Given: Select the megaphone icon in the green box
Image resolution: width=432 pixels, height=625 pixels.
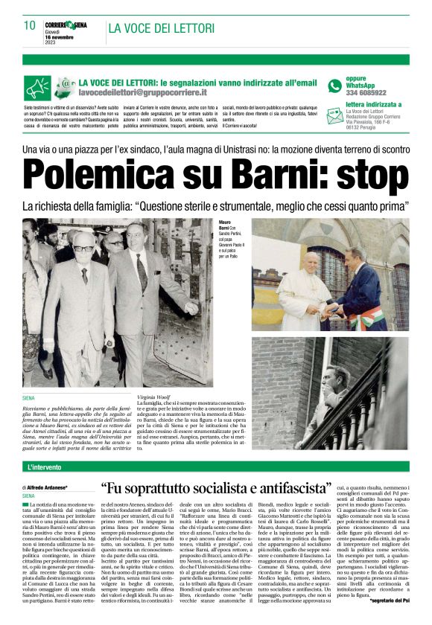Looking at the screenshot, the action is tap(36, 89).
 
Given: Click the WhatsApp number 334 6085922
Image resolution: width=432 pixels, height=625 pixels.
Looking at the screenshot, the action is tap(366, 93).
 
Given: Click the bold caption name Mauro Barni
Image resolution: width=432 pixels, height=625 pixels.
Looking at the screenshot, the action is tap(228, 225).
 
